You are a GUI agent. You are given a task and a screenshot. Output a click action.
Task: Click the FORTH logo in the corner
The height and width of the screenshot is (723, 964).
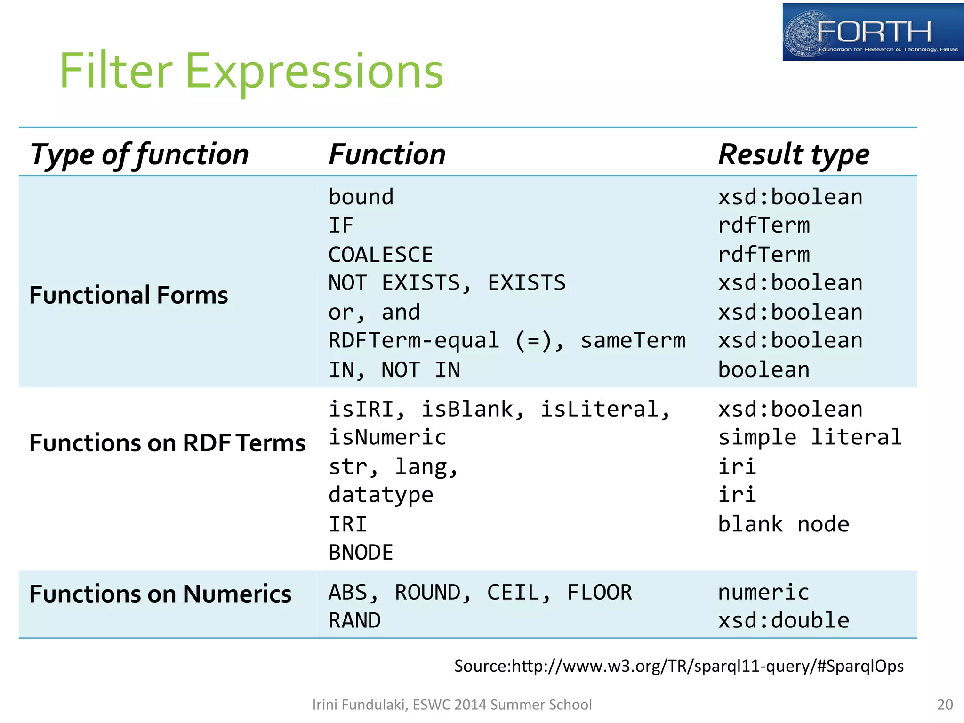pyautogui.click(x=872, y=32)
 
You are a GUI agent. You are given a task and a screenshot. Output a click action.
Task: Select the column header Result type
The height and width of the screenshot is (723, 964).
pyautogui.click(x=794, y=154)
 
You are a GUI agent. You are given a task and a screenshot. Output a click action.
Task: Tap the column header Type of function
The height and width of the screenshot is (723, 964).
pyautogui.click(x=139, y=154)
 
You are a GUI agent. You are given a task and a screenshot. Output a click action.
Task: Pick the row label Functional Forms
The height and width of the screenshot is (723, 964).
pyautogui.click(x=129, y=295)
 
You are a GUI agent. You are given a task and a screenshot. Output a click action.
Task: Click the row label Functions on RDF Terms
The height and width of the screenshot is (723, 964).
pyautogui.click(x=167, y=443)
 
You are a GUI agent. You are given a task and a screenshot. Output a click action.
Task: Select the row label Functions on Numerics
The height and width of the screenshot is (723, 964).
pyautogui.click(x=160, y=594)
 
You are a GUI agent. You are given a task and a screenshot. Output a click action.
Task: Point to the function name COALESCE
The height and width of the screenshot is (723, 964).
pyautogui.click(x=380, y=255)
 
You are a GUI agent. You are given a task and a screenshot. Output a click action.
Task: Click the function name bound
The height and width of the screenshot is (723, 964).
pyautogui.click(x=361, y=197)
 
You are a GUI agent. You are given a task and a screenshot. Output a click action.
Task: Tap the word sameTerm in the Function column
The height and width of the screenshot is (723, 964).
pyautogui.click(x=633, y=340)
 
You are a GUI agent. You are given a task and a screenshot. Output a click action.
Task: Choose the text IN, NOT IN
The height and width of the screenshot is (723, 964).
pyautogui.click(x=394, y=370)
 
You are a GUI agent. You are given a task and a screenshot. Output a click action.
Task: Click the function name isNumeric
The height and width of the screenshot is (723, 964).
pyautogui.click(x=387, y=437)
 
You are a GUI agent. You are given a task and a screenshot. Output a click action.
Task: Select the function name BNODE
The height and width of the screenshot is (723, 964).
pyautogui.click(x=361, y=553)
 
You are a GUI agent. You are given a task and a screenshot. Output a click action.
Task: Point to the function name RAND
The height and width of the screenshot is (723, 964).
pyautogui.click(x=354, y=620)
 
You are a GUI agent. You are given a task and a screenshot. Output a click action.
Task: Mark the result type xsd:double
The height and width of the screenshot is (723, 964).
pyautogui.click(x=783, y=620)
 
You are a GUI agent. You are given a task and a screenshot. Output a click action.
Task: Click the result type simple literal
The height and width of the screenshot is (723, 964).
pyautogui.click(x=810, y=437)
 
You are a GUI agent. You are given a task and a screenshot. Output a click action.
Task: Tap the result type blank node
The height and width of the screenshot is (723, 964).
pyautogui.click(x=783, y=524)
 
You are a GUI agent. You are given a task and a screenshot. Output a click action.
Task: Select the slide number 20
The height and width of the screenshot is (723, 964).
pyautogui.click(x=945, y=705)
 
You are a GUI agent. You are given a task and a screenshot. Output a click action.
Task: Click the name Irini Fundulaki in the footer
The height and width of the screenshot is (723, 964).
pyautogui.click(x=360, y=705)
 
